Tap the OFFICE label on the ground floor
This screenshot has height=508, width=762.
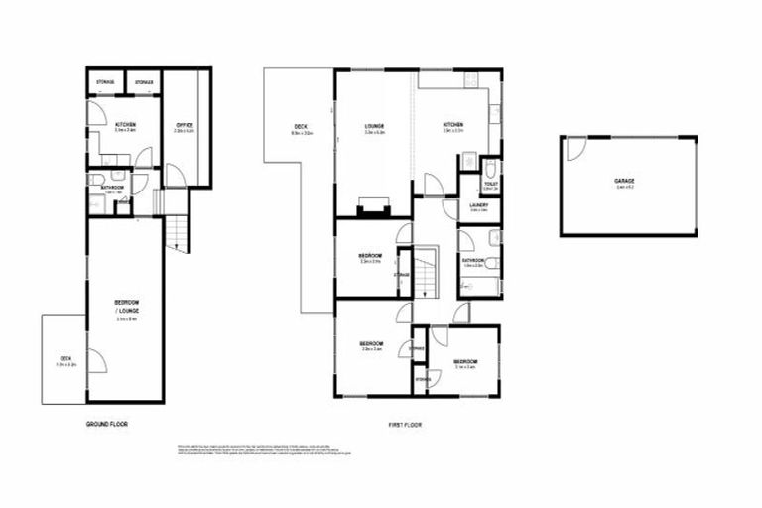(x=184, y=125)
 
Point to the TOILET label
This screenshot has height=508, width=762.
(x=489, y=184)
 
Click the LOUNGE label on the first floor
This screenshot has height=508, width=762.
(x=374, y=125)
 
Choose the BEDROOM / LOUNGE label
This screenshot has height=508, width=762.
(x=125, y=306)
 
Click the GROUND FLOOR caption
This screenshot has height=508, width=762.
(x=106, y=424)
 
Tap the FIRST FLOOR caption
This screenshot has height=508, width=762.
(x=405, y=424)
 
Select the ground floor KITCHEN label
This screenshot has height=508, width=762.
(x=125, y=124)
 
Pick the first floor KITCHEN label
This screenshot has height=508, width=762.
(x=453, y=125)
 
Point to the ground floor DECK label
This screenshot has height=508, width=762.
(x=64, y=360)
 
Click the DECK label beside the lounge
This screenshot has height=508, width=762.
(x=301, y=126)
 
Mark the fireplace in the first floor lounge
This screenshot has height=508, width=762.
(x=373, y=207)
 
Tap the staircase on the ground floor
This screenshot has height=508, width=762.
(x=176, y=234)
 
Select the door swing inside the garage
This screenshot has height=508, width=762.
(x=574, y=149)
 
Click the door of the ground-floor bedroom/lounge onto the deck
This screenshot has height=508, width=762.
(x=94, y=359)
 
